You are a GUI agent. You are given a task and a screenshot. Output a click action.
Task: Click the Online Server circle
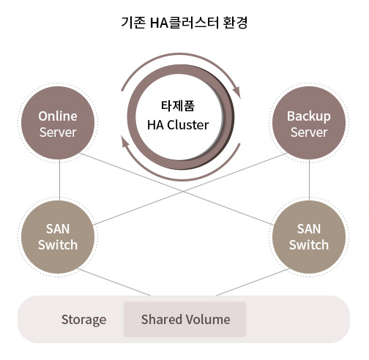pyautogui.click(x=58, y=123)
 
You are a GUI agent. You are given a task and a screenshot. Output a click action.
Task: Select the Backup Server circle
pyautogui.click(x=309, y=123)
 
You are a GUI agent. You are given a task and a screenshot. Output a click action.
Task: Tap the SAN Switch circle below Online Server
pyautogui.click(x=58, y=237)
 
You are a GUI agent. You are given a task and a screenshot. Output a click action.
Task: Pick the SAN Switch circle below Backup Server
pyautogui.click(x=309, y=237)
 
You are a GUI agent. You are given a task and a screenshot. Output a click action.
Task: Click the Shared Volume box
pyautogui.click(x=185, y=319)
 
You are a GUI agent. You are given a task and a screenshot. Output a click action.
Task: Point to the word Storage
pyautogui.click(x=83, y=320)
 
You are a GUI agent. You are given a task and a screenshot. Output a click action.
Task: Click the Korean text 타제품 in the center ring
pyautogui.click(x=178, y=106)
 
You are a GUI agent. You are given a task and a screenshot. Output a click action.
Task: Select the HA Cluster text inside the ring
pyautogui.click(x=178, y=125)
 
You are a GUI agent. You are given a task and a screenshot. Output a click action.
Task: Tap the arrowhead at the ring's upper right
pyautogui.click(x=236, y=92)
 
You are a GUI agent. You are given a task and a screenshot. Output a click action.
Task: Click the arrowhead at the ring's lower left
pyautogui.click(x=125, y=142)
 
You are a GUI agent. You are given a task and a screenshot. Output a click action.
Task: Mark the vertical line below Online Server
pyautogui.click(x=59, y=180)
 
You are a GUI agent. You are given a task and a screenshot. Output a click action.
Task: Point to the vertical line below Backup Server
pyautogui.click(x=309, y=180)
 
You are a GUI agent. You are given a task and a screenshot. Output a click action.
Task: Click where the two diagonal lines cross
pyautogui.click(x=184, y=192)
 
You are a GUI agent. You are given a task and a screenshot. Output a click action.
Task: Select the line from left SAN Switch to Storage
pyautogui.click(x=114, y=282)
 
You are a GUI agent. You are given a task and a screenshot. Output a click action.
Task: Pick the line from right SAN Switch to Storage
pyautogui.click(x=253, y=282)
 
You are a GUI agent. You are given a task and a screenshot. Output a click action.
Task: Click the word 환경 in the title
pyautogui.click(x=235, y=23)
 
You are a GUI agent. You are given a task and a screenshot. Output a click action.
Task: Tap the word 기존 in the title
pyautogui.click(x=133, y=23)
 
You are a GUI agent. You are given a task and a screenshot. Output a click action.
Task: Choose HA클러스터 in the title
pyautogui.click(x=184, y=23)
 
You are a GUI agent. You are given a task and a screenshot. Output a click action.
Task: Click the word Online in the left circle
pyautogui.click(x=58, y=116)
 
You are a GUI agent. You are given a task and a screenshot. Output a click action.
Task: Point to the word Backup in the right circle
pyautogui.click(x=309, y=116)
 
